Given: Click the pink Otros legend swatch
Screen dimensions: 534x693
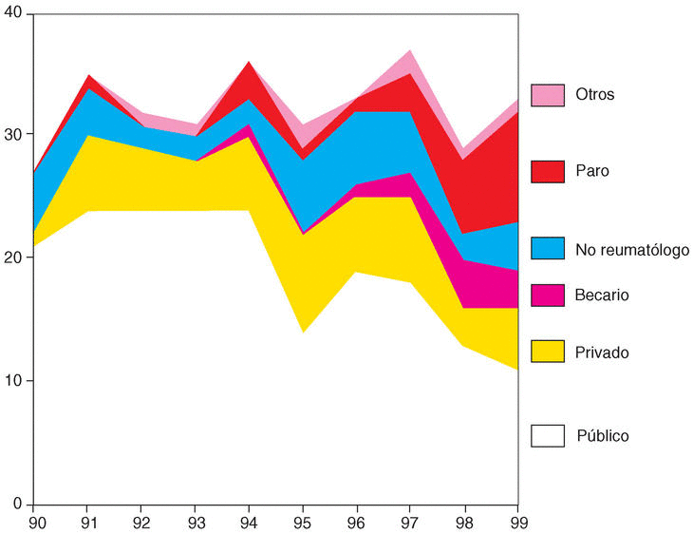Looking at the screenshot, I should (x=547, y=95).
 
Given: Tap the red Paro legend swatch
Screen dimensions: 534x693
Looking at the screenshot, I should (x=547, y=171).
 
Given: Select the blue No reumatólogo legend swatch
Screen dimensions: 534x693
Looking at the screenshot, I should (x=547, y=249).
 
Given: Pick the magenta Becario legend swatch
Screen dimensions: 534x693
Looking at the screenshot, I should (x=547, y=296).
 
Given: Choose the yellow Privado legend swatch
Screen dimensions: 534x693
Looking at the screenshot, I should (x=547, y=352).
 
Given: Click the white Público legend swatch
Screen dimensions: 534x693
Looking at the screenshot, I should (x=547, y=435).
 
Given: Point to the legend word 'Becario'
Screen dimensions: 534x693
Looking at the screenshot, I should (x=602, y=296).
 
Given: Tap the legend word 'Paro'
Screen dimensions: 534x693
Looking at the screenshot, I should (x=592, y=172).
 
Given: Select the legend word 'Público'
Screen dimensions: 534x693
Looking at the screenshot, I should (x=603, y=436).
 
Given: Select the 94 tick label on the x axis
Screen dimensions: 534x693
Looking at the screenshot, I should (x=249, y=521).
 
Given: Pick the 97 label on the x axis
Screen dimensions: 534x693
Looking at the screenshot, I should (x=410, y=521).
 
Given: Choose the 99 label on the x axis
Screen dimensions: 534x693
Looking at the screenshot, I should (x=517, y=521).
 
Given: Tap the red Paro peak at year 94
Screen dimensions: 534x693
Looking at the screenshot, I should (x=249, y=68).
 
